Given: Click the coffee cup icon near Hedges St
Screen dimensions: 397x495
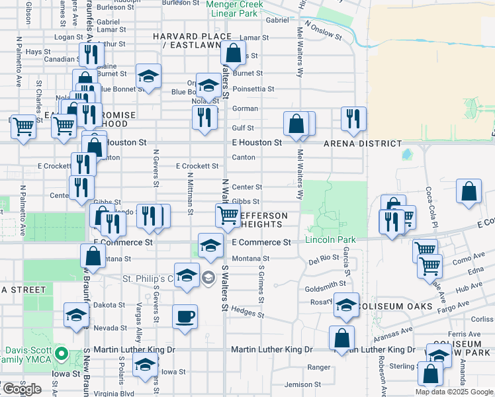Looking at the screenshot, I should point(185,316).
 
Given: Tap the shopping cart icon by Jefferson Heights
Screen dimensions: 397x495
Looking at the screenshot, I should point(227,214).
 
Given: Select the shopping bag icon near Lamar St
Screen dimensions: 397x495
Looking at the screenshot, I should point(233,52).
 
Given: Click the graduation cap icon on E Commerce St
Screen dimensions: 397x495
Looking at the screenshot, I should point(210,245).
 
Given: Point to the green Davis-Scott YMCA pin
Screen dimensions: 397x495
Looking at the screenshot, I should point(60,353).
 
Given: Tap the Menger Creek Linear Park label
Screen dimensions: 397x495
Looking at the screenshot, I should point(234,9).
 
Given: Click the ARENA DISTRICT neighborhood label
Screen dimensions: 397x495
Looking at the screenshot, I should point(362,143).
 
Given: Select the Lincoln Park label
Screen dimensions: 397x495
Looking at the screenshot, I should point(330,240).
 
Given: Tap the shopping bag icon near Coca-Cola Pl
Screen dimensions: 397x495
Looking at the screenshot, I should point(469,191).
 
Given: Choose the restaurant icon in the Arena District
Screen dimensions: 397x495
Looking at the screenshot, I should point(353,118).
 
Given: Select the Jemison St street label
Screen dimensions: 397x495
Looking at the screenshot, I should point(302,384).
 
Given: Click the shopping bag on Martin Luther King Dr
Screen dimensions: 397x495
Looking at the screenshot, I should point(341,337).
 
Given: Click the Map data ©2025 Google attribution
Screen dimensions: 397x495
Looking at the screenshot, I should point(454,392).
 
